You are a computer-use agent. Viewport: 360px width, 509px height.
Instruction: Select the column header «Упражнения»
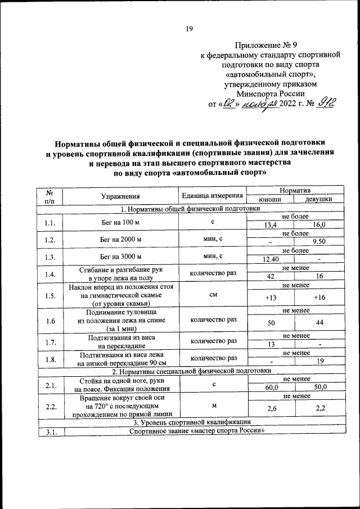[120, 196]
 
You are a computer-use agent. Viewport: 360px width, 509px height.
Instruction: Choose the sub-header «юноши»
[270, 200]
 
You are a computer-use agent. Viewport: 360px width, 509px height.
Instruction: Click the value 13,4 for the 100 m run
[271, 225]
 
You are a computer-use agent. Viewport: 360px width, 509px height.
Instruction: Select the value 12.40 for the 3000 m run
[271, 260]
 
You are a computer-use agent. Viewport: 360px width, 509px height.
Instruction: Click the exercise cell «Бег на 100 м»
[120, 222]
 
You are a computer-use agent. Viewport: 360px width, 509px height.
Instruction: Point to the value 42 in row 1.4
[271, 277]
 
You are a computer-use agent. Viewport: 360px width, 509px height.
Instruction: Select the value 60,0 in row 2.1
[271, 388]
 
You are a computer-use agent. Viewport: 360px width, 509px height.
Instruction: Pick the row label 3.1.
[49, 431]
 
